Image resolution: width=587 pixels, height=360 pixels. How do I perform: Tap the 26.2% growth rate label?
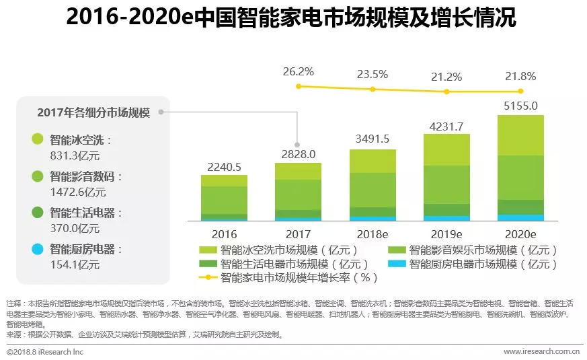pyautogui.click(x=299, y=71)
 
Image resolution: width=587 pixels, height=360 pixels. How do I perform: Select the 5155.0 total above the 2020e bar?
pyautogui.click(x=520, y=106)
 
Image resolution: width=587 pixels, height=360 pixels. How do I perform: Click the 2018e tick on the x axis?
pyautogui.click(x=373, y=235)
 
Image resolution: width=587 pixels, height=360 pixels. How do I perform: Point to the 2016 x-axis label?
pyautogui.click(x=225, y=235)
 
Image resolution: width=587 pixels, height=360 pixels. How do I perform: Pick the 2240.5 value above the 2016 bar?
pyautogui.click(x=225, y=167)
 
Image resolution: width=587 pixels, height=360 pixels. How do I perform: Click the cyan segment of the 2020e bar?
pyautogui.click(x=520, y=217)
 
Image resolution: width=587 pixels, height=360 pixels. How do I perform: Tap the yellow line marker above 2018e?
pyautogui.click(x=373, y=89)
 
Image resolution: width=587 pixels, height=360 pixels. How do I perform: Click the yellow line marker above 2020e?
pyautogui.click(x=520, y=92)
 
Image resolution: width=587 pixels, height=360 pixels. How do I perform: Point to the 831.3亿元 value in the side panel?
pyautogui.click(x=75, y=155)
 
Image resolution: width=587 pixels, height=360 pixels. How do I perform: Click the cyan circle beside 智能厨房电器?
pyautogui.click(x=38, y=250)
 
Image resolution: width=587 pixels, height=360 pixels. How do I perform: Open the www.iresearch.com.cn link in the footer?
pyautogui.click(x=541, y=351)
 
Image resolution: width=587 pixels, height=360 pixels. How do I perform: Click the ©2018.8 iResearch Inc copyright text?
pyautogui.click(x=45, y=351)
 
